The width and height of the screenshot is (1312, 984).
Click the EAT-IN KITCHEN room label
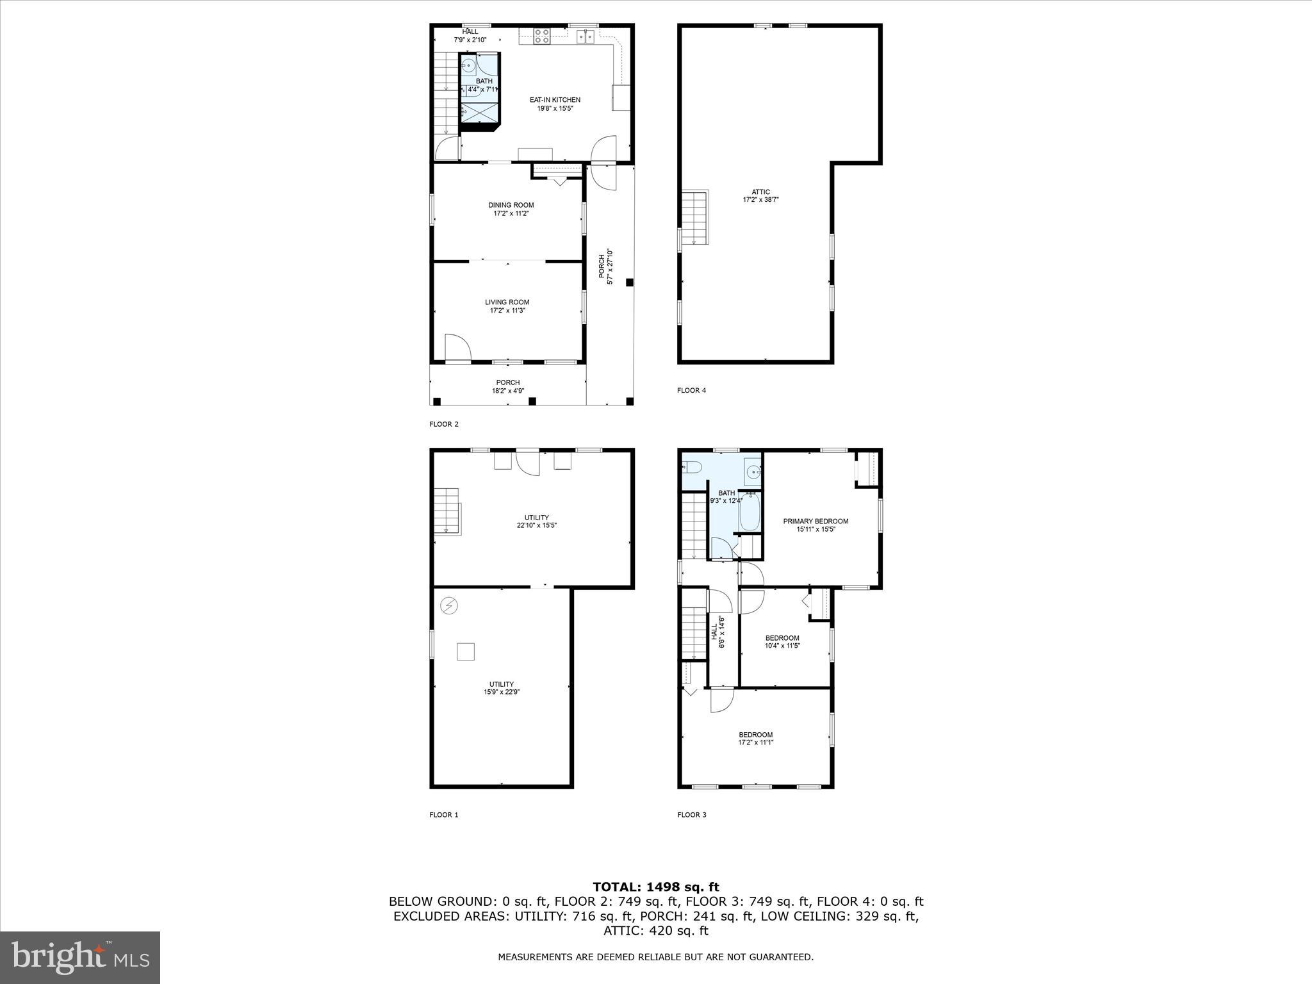555,104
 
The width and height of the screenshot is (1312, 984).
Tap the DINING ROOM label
511,209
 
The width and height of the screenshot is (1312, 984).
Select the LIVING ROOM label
507,306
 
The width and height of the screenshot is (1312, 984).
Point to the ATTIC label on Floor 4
760,195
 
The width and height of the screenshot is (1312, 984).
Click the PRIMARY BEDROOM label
816,525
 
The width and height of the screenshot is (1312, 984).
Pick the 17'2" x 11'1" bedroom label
755,739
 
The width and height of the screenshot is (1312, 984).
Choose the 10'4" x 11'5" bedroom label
782,641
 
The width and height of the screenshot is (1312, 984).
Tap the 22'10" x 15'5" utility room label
536,521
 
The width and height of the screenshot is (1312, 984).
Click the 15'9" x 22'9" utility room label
502,688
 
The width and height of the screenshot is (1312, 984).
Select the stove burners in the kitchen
542,36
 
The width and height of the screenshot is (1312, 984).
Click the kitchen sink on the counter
586,37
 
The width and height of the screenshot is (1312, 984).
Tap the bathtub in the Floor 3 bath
750,512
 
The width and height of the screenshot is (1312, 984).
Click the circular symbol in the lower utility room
449,605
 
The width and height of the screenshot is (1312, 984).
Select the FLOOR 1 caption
443,815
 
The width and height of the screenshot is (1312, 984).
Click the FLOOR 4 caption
691,390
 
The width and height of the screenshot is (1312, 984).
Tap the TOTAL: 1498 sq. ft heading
655,887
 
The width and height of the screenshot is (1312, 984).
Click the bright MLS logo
80,957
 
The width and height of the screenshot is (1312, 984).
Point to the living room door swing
457,348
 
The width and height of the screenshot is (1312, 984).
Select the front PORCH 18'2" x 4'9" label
507,386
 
